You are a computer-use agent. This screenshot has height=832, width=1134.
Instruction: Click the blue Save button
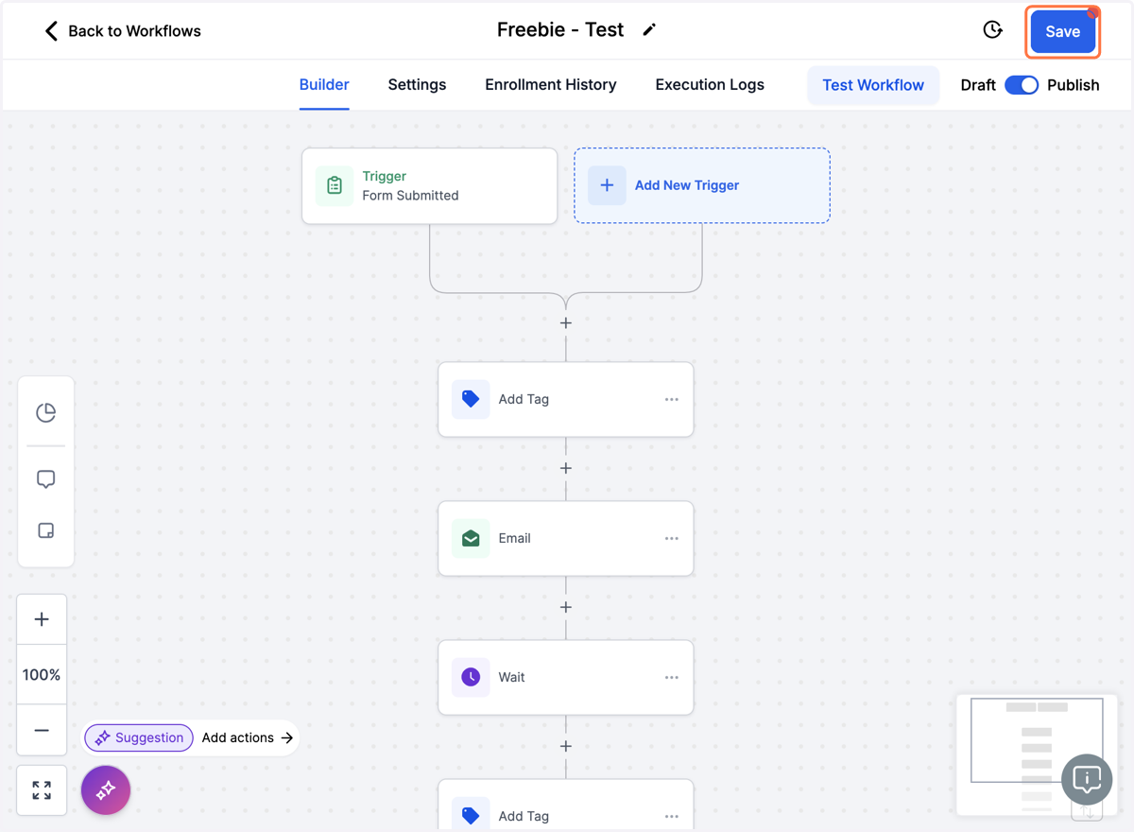[x=1062, y=31]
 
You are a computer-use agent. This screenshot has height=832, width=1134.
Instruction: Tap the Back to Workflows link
[x=123, y=31]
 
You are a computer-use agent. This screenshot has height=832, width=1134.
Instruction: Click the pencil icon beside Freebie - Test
[x=649, y=30]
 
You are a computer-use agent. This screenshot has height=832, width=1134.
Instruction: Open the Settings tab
[x=417, y=84]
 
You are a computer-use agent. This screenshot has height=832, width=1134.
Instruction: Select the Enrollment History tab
[x=550, y=84]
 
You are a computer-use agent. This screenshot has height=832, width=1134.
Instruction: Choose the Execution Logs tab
[x=710, y=84]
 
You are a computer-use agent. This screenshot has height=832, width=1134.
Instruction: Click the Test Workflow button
[x=873, y=85]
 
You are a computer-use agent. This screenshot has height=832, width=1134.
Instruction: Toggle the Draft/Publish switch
[x=1022, y=85]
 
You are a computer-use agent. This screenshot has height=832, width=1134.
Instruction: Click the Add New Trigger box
[x=701, y=185]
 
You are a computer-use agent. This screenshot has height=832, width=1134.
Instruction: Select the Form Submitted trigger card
[x=429, y=186]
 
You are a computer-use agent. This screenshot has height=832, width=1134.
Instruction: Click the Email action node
[x=565, y=538]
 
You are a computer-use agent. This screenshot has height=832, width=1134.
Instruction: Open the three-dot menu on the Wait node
[x=671, y=678]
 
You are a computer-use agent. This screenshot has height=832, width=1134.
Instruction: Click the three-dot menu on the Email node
[x=671, y=538]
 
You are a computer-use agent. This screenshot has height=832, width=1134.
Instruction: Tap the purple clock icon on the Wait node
[x=471, y=677]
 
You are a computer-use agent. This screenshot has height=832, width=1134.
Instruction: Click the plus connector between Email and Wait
[x=565, y=607]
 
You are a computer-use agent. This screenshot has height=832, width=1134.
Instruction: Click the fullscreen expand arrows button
[x=42, y=790]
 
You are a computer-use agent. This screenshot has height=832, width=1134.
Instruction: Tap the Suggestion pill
[x=139, y=737]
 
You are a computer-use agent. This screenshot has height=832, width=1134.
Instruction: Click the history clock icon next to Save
[x=992, y=30]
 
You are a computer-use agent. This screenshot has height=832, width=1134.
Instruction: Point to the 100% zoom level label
[x=41, y=674]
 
